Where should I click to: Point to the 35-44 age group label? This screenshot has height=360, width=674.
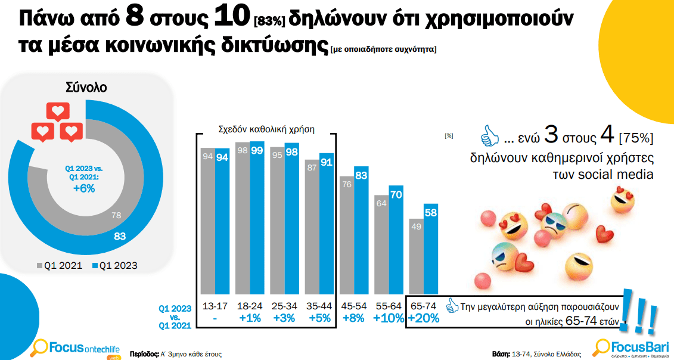[x=319, y=306]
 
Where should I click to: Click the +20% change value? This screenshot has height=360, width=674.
[x=424, y=318]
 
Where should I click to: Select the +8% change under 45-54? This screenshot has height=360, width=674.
[x=354, y=318]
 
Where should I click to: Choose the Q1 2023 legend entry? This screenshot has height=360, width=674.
[x=114, y=265]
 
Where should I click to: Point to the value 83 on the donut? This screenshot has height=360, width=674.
[x=120, y=237]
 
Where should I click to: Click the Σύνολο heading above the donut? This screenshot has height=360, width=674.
[x=86, y=88]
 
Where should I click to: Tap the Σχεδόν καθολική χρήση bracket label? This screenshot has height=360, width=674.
[x=266, y=128]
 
